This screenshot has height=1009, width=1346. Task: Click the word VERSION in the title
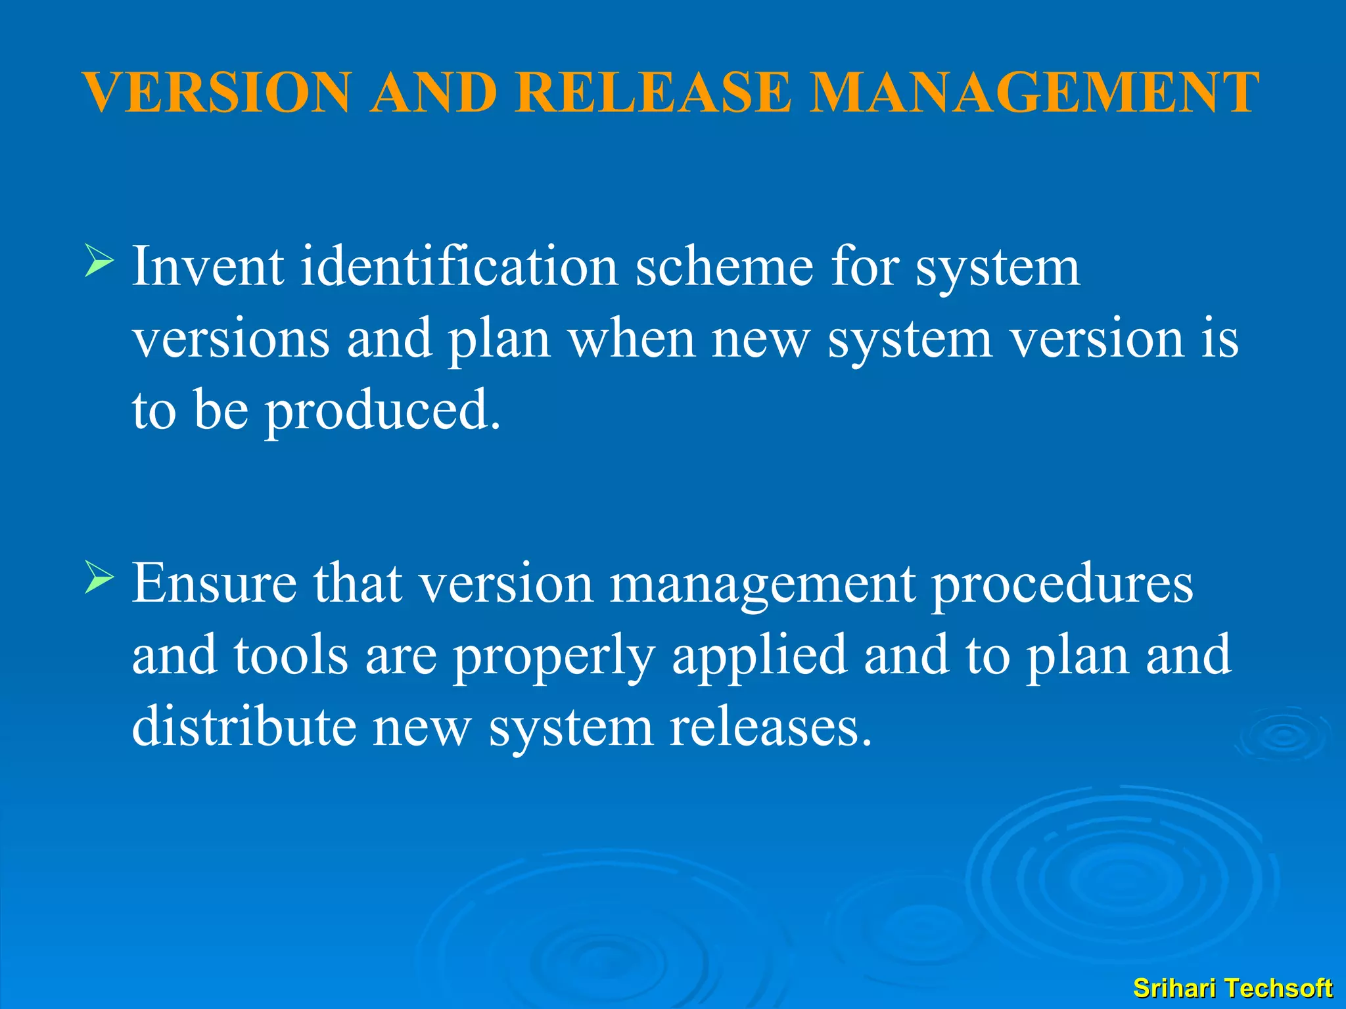click(218, 93)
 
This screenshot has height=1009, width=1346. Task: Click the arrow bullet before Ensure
click(99, 578)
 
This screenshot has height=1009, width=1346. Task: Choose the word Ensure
click(214, 583)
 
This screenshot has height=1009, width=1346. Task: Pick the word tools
click(291, 655)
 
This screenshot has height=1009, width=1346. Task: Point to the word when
click(632, 339)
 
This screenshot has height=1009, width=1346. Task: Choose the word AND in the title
click(433, 93)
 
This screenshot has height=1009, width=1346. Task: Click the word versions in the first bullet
click(231, 339)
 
